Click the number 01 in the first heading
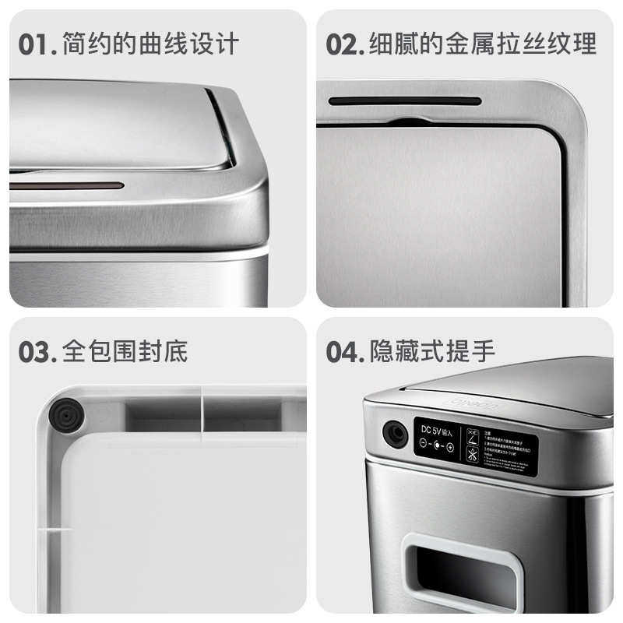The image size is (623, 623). point(34,44)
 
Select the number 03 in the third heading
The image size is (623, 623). point(36,352)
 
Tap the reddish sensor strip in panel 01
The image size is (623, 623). point(67,188)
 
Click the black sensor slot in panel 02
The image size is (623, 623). point(404,100)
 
